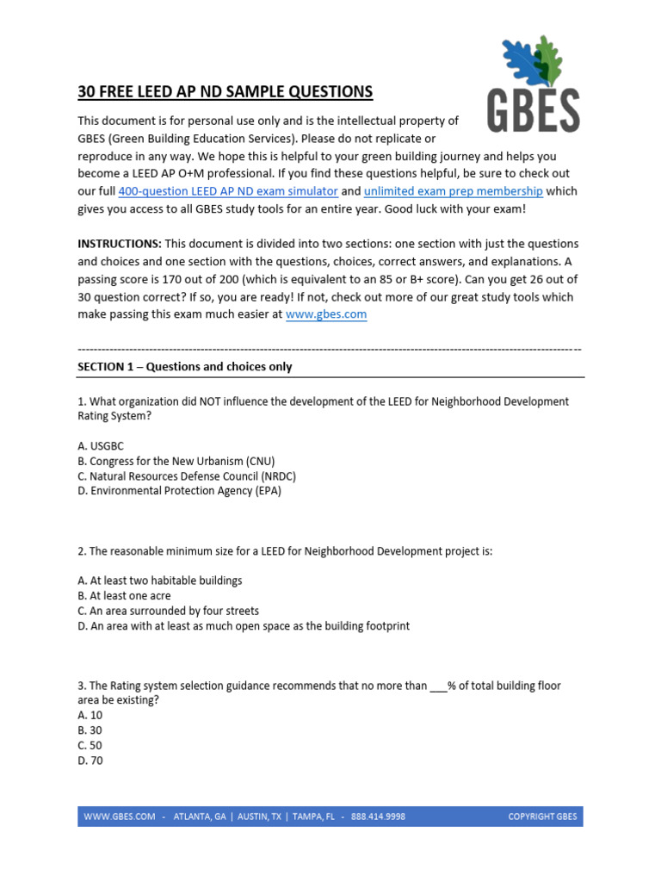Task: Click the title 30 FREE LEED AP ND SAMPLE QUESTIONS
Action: pos(225,91)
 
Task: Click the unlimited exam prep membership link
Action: pos(454,191)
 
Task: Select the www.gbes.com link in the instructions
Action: pos(326,314)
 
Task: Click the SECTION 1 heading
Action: pos(185,367)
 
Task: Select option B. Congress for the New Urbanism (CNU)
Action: pos(176,461)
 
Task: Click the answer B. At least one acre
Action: pos(124,595)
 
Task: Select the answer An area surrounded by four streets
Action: pos(170,611)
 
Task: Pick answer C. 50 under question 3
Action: pos(90,746)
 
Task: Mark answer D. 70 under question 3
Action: pos(90,761)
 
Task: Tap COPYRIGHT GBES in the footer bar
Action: pos(542,817)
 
